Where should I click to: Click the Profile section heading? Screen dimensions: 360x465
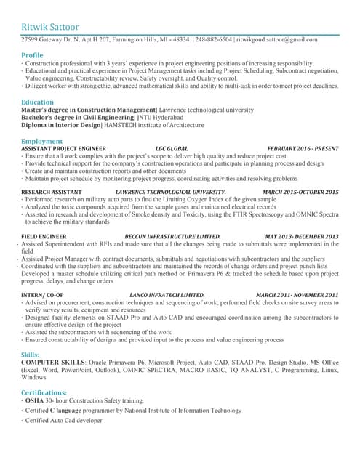pos(32,55)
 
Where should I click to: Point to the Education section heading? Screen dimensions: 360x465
pos(37,102)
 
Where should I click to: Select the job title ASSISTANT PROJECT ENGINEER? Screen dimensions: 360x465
pos(64,148)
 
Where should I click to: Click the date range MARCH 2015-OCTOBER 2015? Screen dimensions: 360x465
pos(300,192)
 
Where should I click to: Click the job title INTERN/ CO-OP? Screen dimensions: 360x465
pos(42,294)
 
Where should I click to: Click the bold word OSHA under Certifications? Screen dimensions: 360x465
pos(35,400)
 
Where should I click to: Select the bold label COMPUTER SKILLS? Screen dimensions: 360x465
pos(54,362)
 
